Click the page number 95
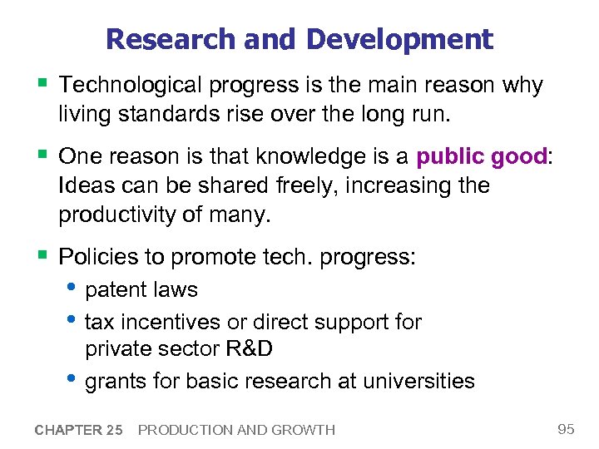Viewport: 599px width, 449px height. [x=566, y=429]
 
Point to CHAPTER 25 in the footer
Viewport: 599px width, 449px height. [x=79, y=430]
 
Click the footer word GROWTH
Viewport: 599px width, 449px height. [x=307, y=430]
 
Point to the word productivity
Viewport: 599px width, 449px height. [x=121, y=215]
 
